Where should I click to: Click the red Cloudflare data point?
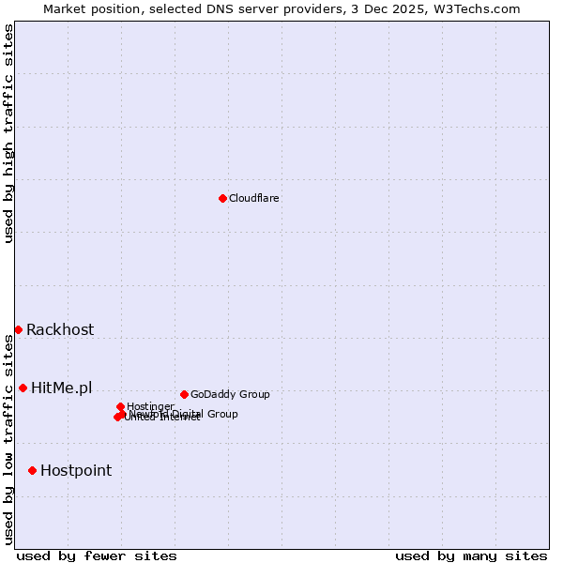[x=222, y=198]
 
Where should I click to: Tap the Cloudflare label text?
[x=254, y=198]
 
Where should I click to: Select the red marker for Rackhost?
[x=18, y=329]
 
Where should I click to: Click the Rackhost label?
[x=60, y=329]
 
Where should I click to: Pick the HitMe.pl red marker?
[x=23, y=388]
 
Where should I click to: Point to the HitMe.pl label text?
[x=62, y=388]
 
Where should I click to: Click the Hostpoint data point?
[x=32, y=470]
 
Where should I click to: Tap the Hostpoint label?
[x=76, y=470]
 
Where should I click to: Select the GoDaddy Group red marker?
[x=184, y=394]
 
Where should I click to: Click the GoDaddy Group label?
[x=230, y=394]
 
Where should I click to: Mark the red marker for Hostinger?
[x=121, y=406]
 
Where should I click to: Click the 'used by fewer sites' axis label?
[x=97, y=555]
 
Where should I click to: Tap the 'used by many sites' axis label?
[x=471, y=555]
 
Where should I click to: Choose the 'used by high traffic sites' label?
[x=8, y=133]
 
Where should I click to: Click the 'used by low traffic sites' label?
[x=8, y=439]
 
